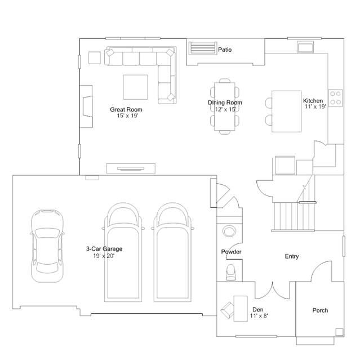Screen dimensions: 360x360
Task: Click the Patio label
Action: pos(225,50)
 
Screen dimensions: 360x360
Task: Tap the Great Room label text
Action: pos(126,109)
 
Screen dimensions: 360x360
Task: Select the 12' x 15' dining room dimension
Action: pos(225,109)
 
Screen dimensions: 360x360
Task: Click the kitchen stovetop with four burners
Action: pos(335,98)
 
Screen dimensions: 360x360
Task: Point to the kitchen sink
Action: pos(305,47)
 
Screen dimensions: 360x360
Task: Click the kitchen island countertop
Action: pos(287,112)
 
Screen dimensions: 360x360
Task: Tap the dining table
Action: pos(225,106)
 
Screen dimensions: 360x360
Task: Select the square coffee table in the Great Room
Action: pos(135,87)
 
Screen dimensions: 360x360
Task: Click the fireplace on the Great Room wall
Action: pos(86,106)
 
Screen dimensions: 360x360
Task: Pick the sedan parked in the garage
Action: pos(47,246)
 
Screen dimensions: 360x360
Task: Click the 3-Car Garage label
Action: pos(104,248)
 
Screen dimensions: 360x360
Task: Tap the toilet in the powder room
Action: pos(230,272)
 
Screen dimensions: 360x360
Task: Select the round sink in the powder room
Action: pos(229,231)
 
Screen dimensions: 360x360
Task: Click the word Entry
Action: pos(292,256)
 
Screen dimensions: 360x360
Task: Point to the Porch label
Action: pos(320,310)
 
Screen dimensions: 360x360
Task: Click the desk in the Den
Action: pos(241,309)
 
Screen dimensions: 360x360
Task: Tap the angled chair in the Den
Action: pos(227,310)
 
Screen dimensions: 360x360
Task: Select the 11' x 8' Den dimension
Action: pos(259,316)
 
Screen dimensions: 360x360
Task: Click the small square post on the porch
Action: pos(339,332)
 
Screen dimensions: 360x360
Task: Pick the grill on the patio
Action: pos(203,48)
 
